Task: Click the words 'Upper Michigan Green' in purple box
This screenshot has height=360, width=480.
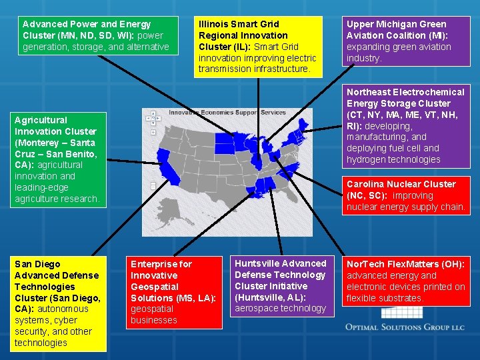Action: point(396,24)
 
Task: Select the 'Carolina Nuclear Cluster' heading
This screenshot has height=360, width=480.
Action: point(401,184)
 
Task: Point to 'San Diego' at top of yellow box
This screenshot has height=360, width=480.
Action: point(37,264)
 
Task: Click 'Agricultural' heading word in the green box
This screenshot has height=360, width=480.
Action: point(41,120)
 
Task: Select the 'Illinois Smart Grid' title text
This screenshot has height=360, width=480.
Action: point(239,24)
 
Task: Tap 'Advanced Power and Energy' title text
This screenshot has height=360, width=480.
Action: point(87,24)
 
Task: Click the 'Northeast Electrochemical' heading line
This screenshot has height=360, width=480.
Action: point(405,92)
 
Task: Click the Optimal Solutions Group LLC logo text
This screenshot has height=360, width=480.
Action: point(405,327)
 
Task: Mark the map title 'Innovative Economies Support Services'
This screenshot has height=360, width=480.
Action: point(227,113)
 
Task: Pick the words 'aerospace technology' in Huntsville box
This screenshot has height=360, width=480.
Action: point(280,308)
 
